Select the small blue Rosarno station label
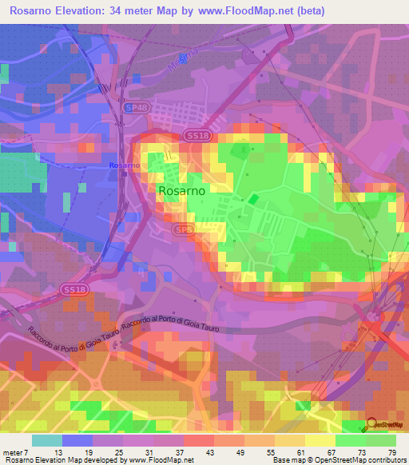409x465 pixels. point(123,165)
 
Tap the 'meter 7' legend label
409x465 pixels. point(14,451)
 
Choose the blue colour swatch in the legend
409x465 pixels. point(77,440)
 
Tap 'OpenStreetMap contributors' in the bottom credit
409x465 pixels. point(364,460)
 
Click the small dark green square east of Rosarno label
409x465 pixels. point(253,198)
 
